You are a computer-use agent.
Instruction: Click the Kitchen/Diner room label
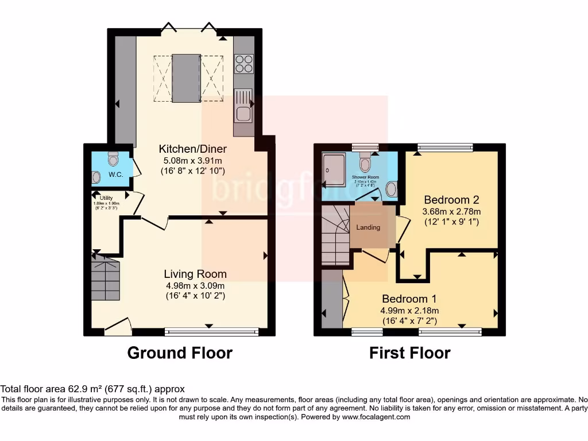click(192, 149)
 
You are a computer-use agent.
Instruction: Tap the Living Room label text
click(195, 274)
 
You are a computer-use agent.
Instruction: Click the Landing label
click(368, 227)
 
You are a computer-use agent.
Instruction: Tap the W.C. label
click(117, 175)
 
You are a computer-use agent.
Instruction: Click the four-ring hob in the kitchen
click(244, 63)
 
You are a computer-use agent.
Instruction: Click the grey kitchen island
click(187, 78)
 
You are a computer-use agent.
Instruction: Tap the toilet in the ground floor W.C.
click(113, 157)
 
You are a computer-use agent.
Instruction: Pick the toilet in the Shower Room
click(365, 158)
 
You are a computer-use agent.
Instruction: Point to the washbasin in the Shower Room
click(392, 188)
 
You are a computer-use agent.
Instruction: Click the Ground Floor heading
click(179, 353)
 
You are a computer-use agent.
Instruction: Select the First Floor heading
click(409, 353)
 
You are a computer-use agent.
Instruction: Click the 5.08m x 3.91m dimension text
click(192, 160)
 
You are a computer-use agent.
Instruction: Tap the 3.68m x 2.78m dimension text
click(451, 211)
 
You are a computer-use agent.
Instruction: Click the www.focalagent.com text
click(376, 417)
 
